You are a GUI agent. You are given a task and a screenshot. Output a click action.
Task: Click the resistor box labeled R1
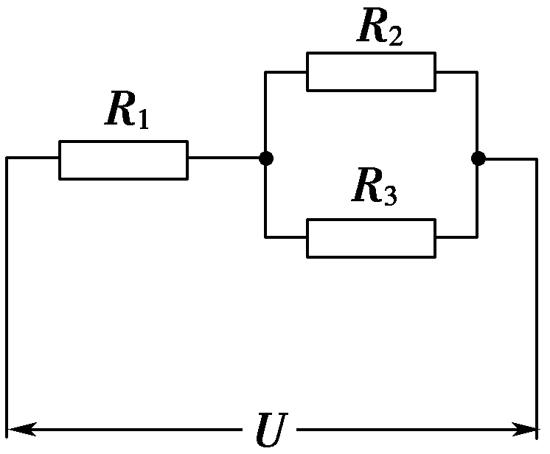pos(123,159)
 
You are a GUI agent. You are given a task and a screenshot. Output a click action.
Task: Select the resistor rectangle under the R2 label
pos(371,71)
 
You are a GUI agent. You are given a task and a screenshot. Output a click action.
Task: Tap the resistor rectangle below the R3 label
pos(371,237)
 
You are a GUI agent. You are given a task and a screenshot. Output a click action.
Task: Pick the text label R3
pos(375,189)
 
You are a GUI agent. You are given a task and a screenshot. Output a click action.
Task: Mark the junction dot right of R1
pos(266,158)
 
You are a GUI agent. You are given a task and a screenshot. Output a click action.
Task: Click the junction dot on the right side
pos(478,158)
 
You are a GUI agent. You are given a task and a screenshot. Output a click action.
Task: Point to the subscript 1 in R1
pos(142,119)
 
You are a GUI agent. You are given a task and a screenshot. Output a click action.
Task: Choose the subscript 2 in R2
pos(395,36)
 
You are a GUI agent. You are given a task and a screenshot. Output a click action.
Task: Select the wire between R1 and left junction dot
pos(225,158)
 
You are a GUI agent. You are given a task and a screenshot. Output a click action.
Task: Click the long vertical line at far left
pos(7,295)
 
